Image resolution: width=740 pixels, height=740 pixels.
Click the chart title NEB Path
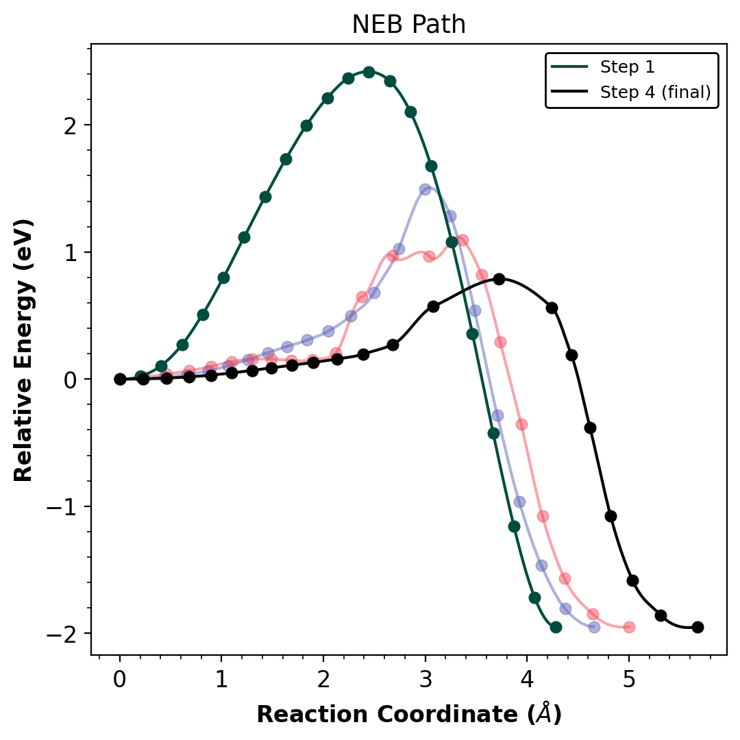coord(408,25)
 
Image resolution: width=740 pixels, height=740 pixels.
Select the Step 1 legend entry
coord(627,67)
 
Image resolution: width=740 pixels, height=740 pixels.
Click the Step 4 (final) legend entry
coord(655,92)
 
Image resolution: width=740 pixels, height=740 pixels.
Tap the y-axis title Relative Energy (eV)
coord(23,350)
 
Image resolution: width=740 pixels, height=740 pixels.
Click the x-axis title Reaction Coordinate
coord(408,715)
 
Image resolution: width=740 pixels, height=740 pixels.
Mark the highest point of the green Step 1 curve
coord(369,72)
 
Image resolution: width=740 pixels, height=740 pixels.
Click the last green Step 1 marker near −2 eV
coord(556,627)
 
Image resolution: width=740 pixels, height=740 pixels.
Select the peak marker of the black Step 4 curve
coord(499,279)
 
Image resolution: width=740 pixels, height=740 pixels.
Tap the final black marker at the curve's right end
coord(698,627)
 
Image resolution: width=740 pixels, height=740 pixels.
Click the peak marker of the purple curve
coord(425,189)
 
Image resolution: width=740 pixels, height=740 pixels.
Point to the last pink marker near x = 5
coord(629,627)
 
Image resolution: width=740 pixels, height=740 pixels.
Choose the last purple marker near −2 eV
coord(594,627)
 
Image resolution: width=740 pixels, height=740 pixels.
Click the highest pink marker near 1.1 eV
coord(463,240)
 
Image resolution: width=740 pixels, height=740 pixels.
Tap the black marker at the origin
coord(120,379)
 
